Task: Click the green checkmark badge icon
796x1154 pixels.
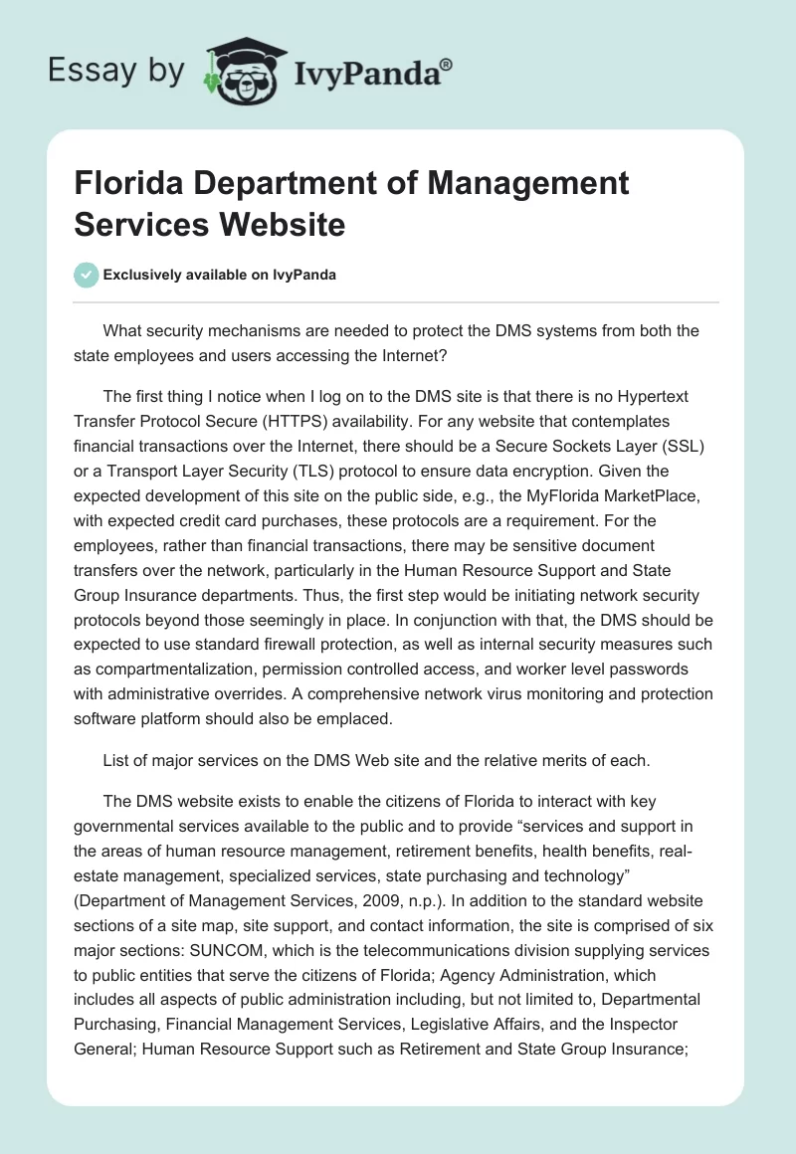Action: tap(87, 275)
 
